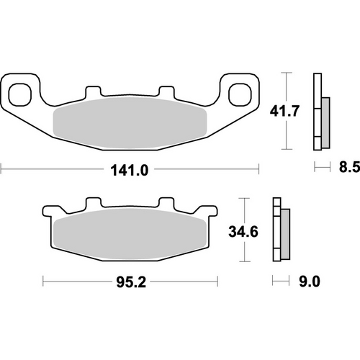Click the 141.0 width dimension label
[x=130, y=171]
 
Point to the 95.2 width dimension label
[x=130, y=283]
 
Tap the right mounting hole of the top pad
[x=239, y=92]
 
